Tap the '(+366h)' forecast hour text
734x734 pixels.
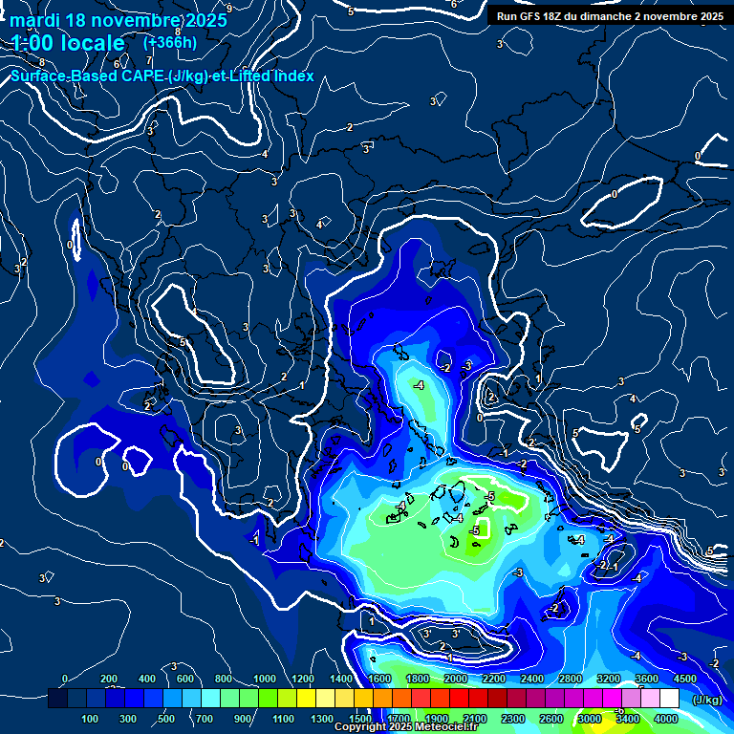click(x=170, y=42)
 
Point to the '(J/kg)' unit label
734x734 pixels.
click(x=706, y=701)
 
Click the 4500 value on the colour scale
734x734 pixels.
click(x=684, y=679)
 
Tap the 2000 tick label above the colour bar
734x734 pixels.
click(x=456, y=679)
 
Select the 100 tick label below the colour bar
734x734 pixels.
click(x=90, y=719)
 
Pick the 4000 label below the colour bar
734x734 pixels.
click(x=666, y=719)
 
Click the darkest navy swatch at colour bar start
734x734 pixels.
click(x=57, y=700)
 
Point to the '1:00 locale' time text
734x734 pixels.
click(x=68, y=43)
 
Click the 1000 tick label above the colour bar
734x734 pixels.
click(x=264, y=679)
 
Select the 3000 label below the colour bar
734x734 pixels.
click(x=590, y=719)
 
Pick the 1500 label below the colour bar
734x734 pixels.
click(x=360, y=719)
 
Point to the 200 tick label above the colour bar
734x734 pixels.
click(x=109, y=679)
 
